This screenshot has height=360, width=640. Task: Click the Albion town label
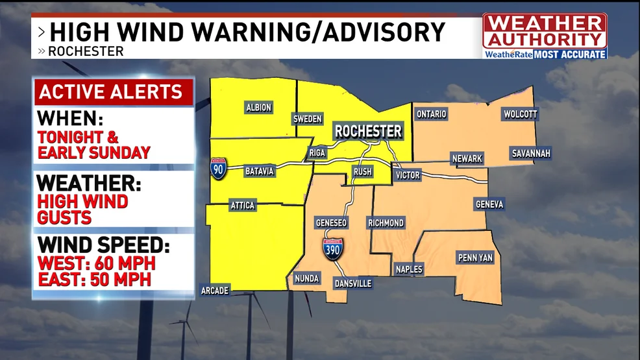[258, 108]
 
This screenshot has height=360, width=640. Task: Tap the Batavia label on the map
[260, 171]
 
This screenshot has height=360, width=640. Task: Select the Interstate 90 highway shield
[218, 169]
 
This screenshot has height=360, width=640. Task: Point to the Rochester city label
[368, 132]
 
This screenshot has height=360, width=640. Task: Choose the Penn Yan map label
[475, 258]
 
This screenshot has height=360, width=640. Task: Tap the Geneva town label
[489, 204]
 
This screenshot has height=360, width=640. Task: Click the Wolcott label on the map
[521, 115]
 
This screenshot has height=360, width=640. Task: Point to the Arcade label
[214, 291]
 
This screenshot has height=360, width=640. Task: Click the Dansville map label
[352, 283]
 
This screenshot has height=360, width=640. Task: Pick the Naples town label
[409, 269]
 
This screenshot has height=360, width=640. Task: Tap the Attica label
[243, 206]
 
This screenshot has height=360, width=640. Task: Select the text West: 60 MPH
[96, 265]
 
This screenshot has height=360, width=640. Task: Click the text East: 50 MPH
[94, 280]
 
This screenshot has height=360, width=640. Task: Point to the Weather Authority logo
[545, 36]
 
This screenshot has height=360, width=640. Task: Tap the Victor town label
[408, 175]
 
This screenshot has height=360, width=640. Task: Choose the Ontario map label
[432, 114]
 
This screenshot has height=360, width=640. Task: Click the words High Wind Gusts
[82, 209]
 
